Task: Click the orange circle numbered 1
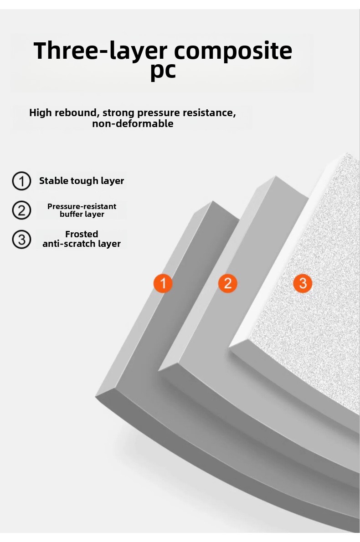[163, 283]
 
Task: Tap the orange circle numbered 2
[227, 283]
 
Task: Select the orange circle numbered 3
[303, 283]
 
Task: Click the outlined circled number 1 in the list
[21, 181]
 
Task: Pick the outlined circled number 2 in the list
[21, 210]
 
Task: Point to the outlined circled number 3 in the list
[21, 239]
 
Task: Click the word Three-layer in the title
[100, 51]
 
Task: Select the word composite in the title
[233, 51]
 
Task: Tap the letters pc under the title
[163, 71]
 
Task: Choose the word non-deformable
[133, 123]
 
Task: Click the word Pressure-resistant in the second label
[82, 206]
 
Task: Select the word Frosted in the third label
[82, 234]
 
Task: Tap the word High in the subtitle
[41, 112]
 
